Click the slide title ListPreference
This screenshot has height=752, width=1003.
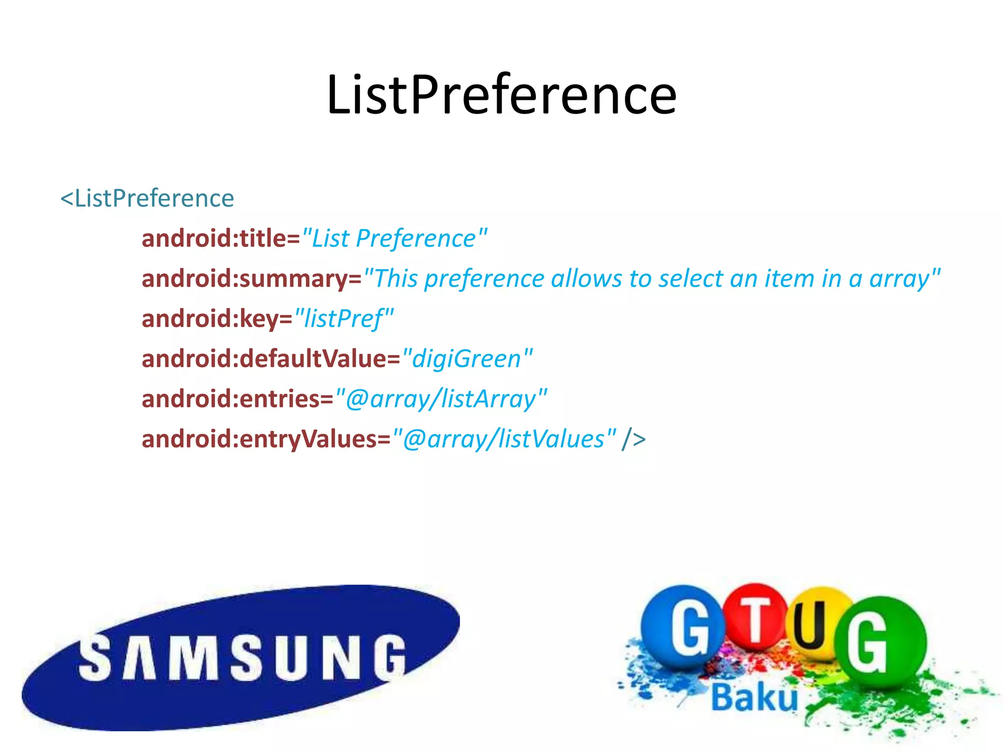tap(501, 95)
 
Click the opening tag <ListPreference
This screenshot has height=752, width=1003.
tap(147, 199)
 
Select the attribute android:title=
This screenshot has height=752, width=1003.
tap(220, 239)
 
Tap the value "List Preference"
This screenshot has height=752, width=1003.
tap(395, 239)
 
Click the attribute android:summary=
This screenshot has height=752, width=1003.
tap(251, 279)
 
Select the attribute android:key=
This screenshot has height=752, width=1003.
tap(216, 319)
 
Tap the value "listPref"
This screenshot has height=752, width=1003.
tap(344, 319)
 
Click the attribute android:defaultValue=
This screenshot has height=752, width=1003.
tap(271, 359)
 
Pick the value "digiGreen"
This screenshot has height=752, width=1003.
tap(467, 359)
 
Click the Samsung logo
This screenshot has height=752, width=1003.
tap(240, 658)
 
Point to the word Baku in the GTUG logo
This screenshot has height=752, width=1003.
tap(754, 698)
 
